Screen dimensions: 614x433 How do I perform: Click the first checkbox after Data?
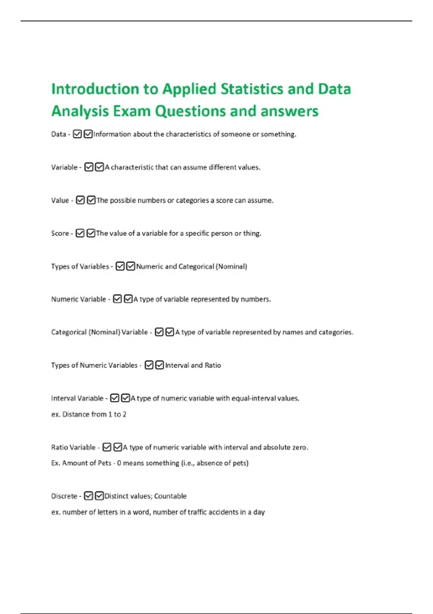tap(77, 134)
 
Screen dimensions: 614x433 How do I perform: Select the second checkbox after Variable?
tap(100, 167)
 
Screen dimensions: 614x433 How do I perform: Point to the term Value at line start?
tap(60, 200)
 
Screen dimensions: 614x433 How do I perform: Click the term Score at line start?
tap(60, 233)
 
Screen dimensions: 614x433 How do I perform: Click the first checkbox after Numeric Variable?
tap(117, 299)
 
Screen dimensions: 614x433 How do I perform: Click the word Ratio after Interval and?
tap(213, 365)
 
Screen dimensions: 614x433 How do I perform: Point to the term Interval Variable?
tap(77, 398)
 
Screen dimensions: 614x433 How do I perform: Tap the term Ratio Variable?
tap(73, 447)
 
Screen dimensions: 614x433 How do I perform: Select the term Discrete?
tap(64, 496)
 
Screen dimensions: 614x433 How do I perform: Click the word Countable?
tap(170, 496)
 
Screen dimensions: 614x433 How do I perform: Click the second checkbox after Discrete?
tap(100, 496)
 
